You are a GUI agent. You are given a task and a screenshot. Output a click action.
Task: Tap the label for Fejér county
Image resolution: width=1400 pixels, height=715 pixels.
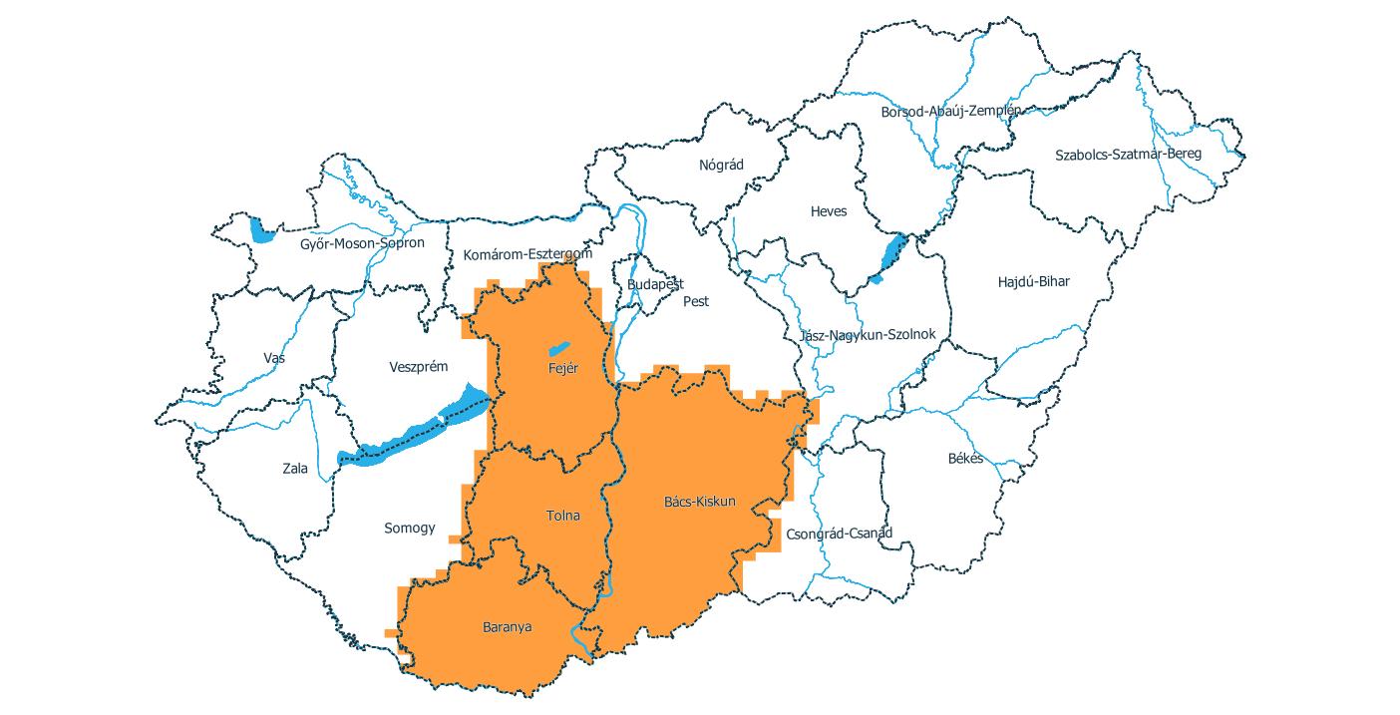pyautogui.click(x=563, y=368)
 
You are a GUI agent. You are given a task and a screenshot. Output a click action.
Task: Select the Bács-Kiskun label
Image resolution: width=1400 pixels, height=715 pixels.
pyautogui.click(x=699, y=501)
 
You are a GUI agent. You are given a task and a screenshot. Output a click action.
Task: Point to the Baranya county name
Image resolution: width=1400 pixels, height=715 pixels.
pyautogui.click(x=507, y=627)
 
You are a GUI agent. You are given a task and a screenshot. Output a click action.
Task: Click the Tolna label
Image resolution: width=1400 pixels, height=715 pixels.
pyautogui.click(x=562, y=516)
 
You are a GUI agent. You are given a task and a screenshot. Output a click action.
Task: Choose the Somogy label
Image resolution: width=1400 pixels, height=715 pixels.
pyautogui.click(x=410, y=528)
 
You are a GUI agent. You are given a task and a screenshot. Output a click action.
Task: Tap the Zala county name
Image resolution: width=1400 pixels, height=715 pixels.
pyautogui.click(x=295, y=468)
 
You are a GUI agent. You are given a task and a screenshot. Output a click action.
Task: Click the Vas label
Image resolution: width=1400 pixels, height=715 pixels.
pyautogui.click(x=274, y=358)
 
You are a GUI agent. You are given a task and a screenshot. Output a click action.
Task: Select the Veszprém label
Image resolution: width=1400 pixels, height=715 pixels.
pyautogui.click(x=418, y=367)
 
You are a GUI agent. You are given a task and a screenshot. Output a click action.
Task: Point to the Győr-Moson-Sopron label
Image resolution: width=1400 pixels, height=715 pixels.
pyautogui.click(x=362, y=242)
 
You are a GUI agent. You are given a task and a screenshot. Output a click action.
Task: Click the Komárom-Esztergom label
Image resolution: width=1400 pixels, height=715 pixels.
pyautogui.click(x=527, y=254)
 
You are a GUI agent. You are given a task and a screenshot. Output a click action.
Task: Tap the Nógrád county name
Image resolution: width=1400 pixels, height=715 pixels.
pyautogui.click(x=721, y=165)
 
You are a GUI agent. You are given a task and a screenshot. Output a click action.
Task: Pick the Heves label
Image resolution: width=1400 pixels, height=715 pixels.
pyautogui.click(x=828, y=211)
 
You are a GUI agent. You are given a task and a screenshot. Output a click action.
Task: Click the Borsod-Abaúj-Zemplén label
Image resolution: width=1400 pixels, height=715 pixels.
pyautogui.click(x=950, y=112)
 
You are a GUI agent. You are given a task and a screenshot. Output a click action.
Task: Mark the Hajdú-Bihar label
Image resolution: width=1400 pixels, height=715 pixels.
pyautogui.click(x=1033, y=281)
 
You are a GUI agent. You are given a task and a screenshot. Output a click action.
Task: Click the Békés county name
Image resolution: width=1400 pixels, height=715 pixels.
pyautogui.click(x=965, y=459)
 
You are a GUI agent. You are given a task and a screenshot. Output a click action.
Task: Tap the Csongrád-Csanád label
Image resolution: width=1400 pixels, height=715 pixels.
pyautogui.click(x=839, y=533)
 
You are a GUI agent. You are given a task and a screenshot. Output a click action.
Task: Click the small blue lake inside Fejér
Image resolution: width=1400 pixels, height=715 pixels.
pyautogui.click(x=557, y=349)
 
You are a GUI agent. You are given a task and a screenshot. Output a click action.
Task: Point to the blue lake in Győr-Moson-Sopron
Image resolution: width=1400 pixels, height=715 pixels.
pyautogui.click(x=261, y=231)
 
